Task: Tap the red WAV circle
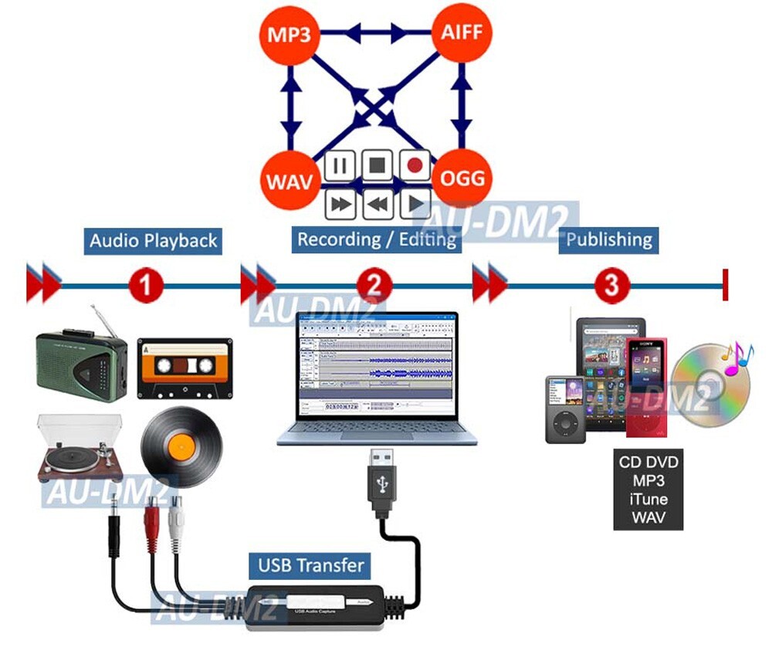289,182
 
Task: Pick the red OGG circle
462,179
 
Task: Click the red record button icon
415,164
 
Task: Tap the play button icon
415,204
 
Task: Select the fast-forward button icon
340,204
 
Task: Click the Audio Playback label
154,240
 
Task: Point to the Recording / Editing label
377,239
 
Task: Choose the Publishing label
609,239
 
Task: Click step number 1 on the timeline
146,287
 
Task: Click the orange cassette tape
185,368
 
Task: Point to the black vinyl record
181,446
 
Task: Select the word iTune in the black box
648,499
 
